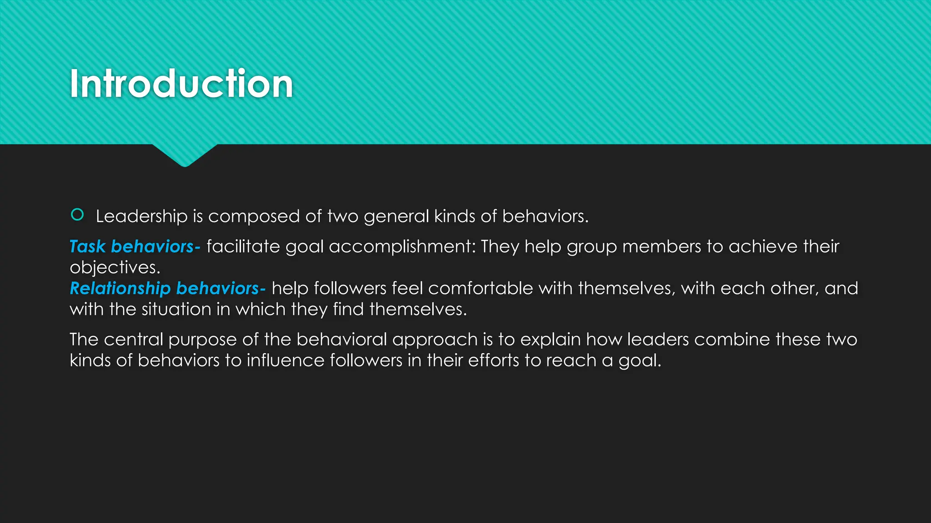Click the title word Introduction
point(181,84)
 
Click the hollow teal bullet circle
point(77,215)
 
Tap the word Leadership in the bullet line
point(141,217)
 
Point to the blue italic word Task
point(87,247)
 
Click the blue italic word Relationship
point(120,288)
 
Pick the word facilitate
point(243,247)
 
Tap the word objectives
point(115,267)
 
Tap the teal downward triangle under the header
point(185,155)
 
